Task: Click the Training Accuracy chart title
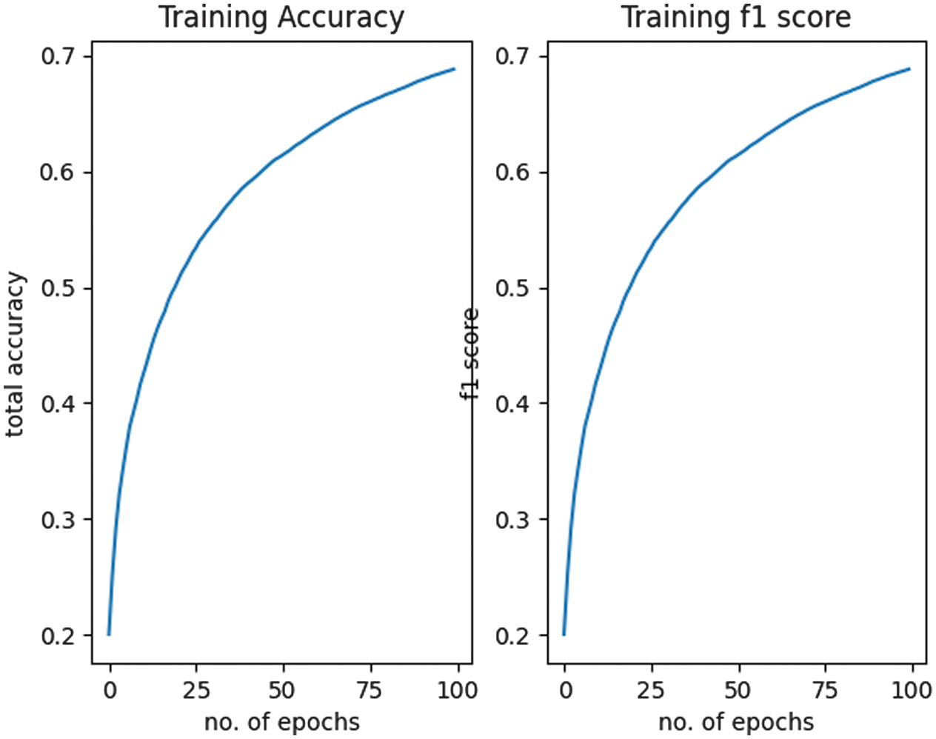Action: pyautogui.click(x=281, y=18)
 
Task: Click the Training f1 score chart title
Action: pyautogui.click(x=736, y=18)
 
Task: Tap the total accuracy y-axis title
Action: pyautogui.click(x=16, y=355)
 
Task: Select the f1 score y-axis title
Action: pyautogui.click(x=470, y=354)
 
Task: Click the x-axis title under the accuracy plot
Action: pyautogui.click(x=281, y=721)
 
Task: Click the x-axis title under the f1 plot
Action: pyautogui.click(x=736, y=721)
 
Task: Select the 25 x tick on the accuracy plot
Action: pyautogui.click(x=196, y=691)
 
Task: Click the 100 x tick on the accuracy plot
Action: pyautogui.click(x=457, y=691)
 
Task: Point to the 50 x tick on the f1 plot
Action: pyautogui.click(x=738, y=691)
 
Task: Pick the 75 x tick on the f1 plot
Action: pyautogui.click(x=824, y=691)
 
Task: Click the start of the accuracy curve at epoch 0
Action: pyautogui.click(x=109, y=634)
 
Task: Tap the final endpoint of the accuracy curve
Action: pyautogui.click(x=454, y=69)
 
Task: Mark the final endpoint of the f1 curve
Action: pyautogui.click(x=909, y=69)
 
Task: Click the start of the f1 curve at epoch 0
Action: pyautogui.click(x=564, y=634)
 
